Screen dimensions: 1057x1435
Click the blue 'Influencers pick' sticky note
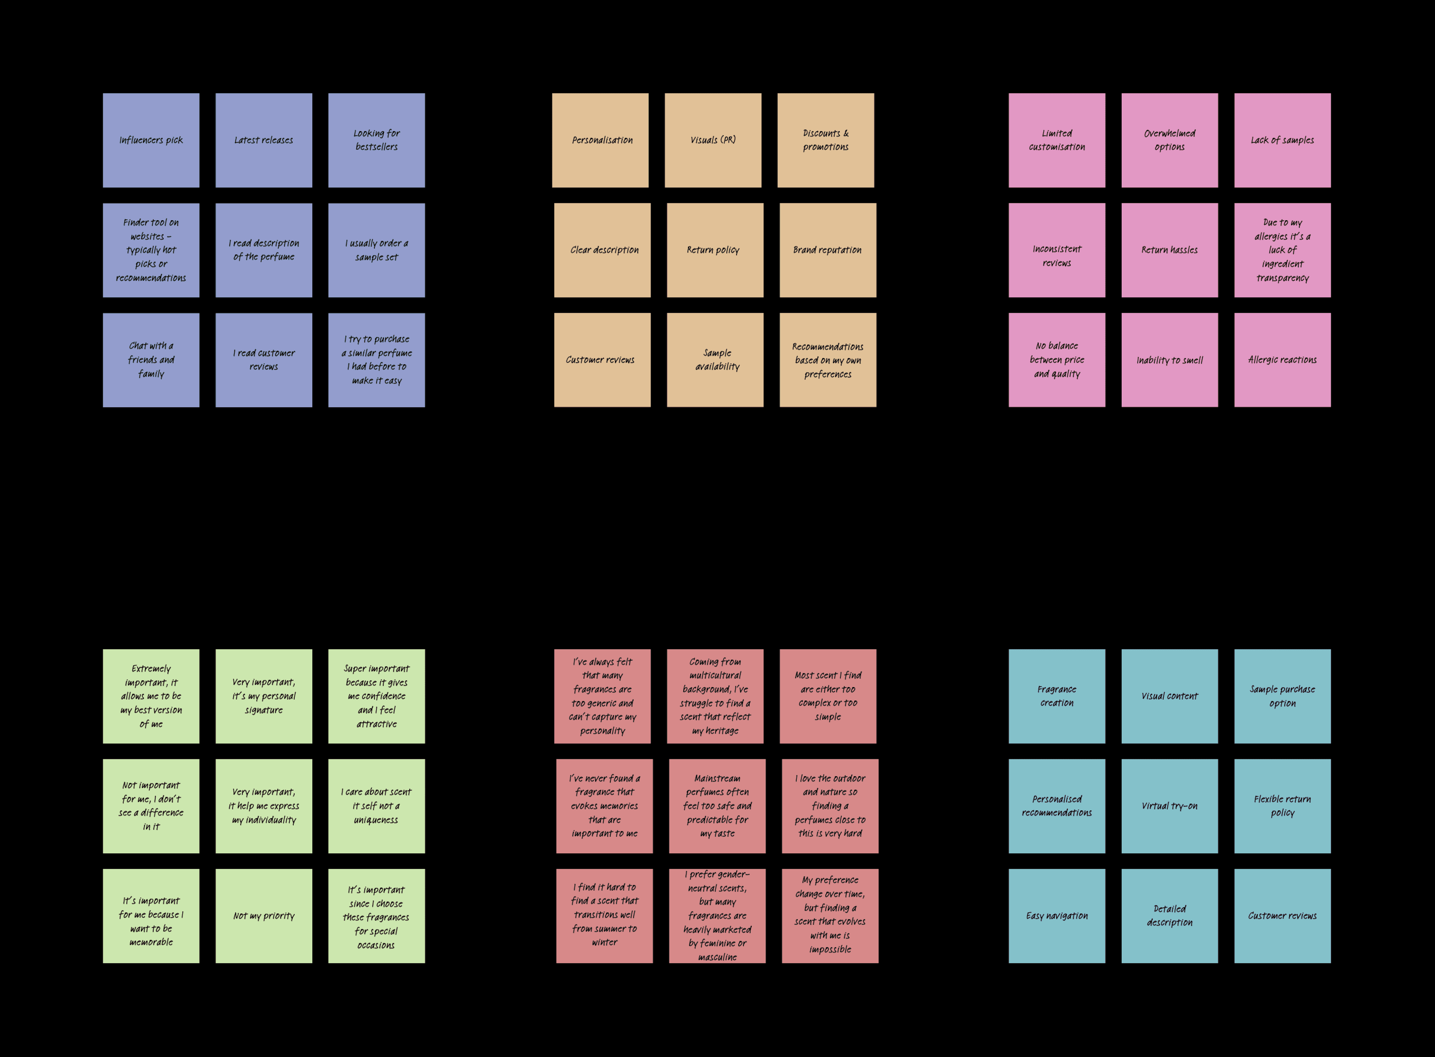click(x=151, y=140)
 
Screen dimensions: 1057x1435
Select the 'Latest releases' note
click(x=264, y=140)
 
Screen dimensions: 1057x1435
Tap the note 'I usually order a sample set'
click(x=376, y=250)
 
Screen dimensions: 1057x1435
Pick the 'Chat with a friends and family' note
click(x=151, y=359)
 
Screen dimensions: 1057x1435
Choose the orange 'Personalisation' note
click(x=600, y=140)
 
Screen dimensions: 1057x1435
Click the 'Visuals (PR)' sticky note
click(x=713, y=140)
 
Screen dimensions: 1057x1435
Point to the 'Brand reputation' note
click(x=827, y=250)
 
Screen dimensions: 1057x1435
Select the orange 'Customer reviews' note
click(x=602, y=359)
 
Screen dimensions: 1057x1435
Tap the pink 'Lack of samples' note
click(x=1282, y=140)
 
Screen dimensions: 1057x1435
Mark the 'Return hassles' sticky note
click(x=1169, y=250)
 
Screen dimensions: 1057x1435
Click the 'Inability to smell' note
click(x=1169, y=359)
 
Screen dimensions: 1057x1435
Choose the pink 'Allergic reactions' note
click(x=1282, y=359)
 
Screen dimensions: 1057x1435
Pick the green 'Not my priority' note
click(x=264, y=916)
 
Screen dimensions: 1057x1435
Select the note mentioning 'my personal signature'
click(x=264, y=696)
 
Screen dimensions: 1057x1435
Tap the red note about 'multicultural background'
click(x=715, y=696)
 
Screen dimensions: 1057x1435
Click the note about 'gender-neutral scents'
click(x=717, y=916)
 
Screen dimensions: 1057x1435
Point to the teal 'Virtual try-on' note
click(x=1169, y=806)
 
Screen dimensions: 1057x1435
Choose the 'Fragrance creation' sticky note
click(x=1057, y=696)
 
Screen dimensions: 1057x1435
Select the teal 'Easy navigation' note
click(x=1057, y=916)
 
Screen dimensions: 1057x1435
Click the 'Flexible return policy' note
click(x=1282, y=806)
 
